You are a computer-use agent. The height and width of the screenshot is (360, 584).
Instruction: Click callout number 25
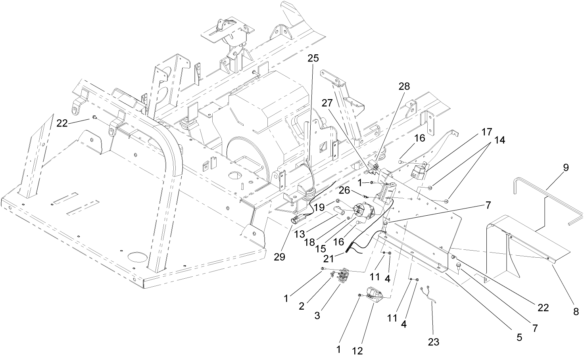tap(313, 58)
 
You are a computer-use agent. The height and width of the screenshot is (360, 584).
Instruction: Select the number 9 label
tap(566, 167)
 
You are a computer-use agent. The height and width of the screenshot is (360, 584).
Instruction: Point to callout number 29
tap(279, 257)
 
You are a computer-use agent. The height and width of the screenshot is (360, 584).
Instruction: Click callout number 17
tap(487, 132)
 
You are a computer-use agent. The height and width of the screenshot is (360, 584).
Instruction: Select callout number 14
tap(499, 140)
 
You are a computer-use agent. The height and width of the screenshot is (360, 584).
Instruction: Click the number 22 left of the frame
tap(62, 123)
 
